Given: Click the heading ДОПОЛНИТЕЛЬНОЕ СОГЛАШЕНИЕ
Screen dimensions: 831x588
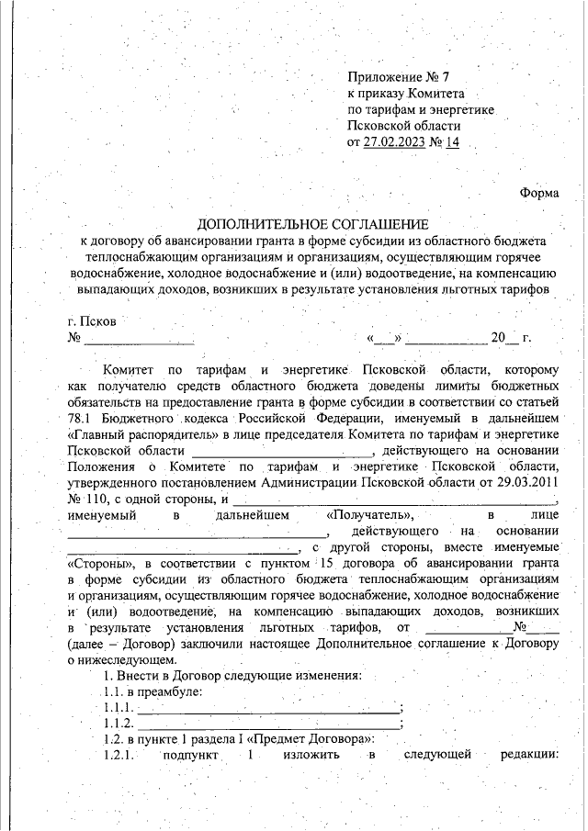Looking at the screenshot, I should coord(313,224).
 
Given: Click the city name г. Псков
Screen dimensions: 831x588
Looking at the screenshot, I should coord(92,321).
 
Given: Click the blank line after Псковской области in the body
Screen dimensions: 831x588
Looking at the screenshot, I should coord(281,450).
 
